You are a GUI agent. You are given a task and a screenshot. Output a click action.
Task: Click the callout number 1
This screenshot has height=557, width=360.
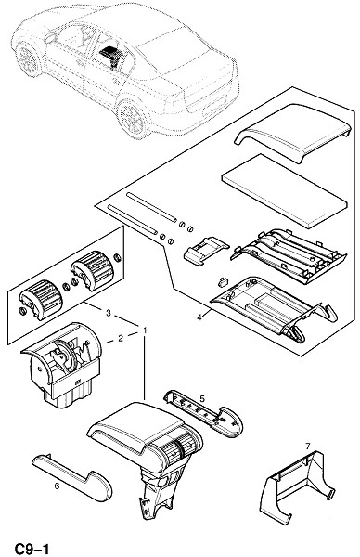145,330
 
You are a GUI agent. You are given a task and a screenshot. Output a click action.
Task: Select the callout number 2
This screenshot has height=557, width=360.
121,338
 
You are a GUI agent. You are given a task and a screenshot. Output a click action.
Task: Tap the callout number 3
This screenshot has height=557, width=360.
109,313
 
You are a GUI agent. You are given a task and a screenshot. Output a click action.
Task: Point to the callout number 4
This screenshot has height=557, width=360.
199,317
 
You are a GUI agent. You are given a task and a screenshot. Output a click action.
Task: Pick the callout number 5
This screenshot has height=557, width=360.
202,398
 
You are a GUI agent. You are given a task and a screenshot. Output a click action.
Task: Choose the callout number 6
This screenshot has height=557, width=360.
57,486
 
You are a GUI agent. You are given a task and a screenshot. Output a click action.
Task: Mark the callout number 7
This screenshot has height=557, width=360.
307,446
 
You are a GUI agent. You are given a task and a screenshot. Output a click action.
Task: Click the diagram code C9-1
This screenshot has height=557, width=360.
32,549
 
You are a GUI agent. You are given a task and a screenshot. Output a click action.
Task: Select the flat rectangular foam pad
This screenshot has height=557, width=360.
284,191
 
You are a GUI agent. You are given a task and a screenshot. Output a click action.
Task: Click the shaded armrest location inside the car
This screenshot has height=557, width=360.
113,55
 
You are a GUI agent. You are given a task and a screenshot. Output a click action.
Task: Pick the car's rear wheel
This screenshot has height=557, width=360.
133,119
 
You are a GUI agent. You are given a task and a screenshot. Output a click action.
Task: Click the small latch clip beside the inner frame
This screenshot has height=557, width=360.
223,282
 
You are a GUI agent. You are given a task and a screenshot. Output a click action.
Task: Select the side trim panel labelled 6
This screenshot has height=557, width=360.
71,476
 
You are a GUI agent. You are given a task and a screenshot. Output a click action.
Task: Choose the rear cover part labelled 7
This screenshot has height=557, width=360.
298,486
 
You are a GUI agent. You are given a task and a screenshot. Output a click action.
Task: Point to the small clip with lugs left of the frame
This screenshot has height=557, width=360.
206,251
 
